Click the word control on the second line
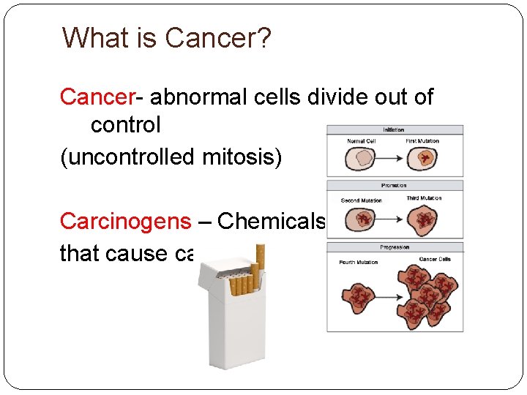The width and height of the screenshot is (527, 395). (x=125, y=125)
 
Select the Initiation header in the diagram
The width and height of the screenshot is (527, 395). (x=395, y=129)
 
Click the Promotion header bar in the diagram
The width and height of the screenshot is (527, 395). (x=395, y=186)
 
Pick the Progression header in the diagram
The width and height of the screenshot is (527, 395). (x=395, y=247)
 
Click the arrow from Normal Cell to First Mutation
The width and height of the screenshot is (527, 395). (x=392, y=157)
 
